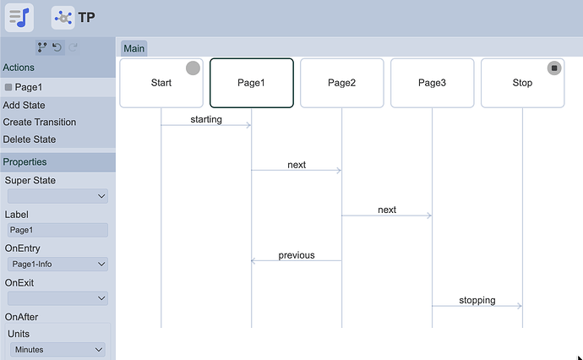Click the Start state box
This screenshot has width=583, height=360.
pos(161,83)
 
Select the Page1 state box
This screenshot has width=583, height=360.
pos(251,83)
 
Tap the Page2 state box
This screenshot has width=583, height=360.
pos(341,83)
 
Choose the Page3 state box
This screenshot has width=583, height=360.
pos(432,83)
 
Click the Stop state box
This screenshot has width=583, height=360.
pos(522,83)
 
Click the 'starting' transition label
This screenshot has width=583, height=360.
pos(206,119)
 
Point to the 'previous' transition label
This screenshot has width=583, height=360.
pos(297,254)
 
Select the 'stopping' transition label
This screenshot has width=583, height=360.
pos(477,300)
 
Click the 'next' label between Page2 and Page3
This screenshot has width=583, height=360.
pos(387,210)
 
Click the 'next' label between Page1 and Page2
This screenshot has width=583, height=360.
pos(297,165)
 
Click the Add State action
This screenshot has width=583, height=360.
pos(24,105)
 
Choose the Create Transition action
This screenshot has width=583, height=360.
pos(40,122)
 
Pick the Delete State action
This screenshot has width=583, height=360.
pos(30,139)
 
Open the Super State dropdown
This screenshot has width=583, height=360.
pos(57,196)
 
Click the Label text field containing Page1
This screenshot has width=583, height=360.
pos(57,230)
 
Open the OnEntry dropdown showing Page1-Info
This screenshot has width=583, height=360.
pos(57,265)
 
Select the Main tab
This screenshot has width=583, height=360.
pos(134,48)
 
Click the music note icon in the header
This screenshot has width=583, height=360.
pos(19,18)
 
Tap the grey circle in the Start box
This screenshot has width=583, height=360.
pos(193,68)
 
